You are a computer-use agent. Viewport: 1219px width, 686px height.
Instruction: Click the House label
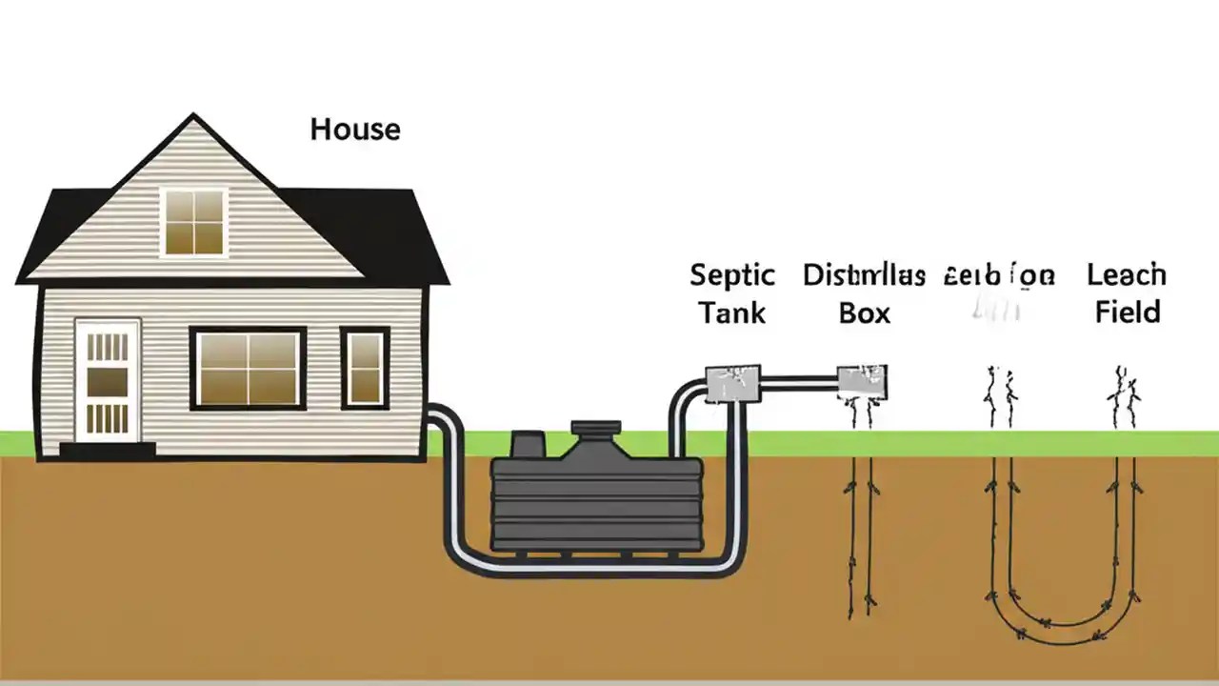(355, 129)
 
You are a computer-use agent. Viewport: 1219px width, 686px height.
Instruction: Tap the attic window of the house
(194, 222)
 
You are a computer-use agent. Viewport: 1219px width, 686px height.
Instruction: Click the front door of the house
(108, 380)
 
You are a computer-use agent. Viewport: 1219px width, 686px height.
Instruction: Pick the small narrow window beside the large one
(365, 369)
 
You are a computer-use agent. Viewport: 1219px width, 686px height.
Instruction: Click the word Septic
(732, 276)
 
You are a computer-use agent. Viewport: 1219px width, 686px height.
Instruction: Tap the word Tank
(732, 313)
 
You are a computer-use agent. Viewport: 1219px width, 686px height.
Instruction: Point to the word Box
(864, 313)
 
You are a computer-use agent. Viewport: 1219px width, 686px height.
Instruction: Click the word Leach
(1126, 276)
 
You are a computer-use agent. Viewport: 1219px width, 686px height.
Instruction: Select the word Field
(1128, 313)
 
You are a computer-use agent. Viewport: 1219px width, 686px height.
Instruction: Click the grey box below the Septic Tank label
(731, 384)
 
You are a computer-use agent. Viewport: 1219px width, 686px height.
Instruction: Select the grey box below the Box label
(862, 382)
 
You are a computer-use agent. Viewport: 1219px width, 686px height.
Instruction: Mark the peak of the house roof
(194, 117)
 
